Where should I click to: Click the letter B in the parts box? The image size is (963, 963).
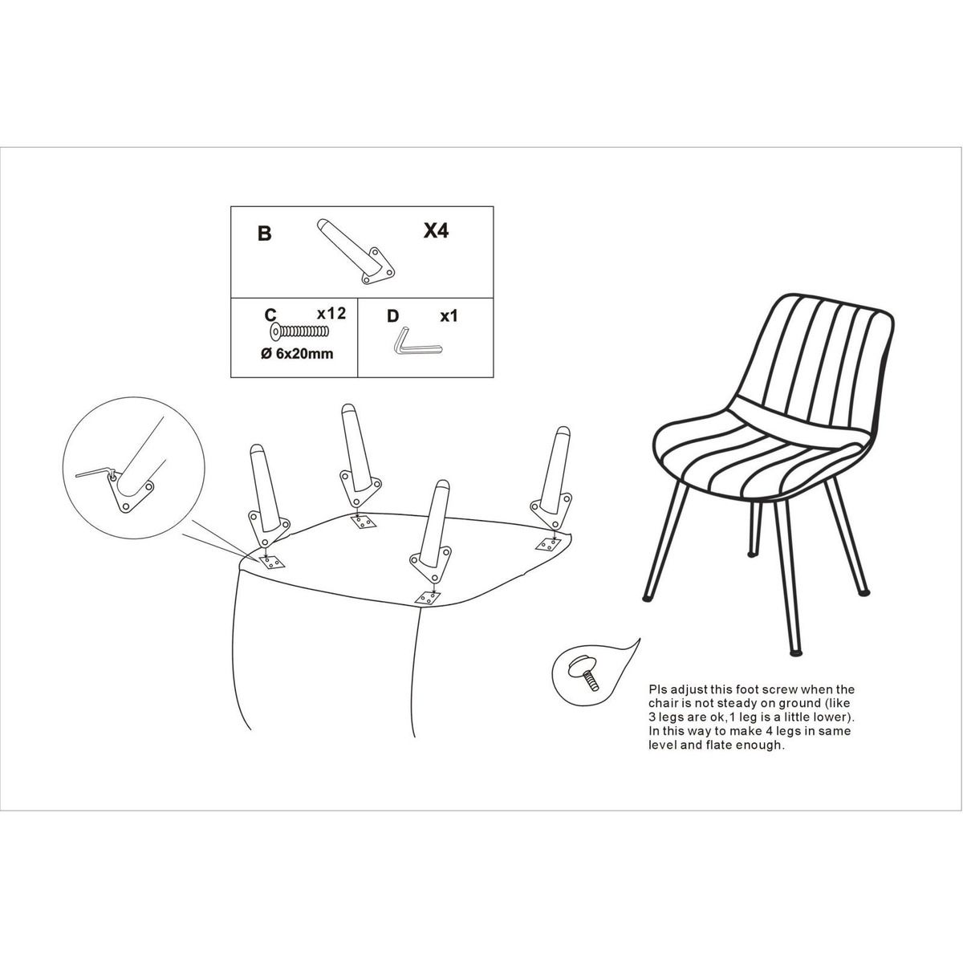(264, 234)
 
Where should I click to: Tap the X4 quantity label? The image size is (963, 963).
(436, 230)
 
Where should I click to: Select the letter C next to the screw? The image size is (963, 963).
(270, 315)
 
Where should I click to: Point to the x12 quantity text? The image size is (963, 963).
(331, 313)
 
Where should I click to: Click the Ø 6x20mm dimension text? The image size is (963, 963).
(297, 354)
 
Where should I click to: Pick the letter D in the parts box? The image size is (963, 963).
(393, 316)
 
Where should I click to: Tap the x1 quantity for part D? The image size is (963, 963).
(449, 316)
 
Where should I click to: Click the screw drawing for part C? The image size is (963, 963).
(299, 331)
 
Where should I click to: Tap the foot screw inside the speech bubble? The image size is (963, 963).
(584, 673)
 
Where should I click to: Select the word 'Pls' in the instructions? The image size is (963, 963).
(658, 690)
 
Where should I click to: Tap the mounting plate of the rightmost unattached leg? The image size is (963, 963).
(551, 510)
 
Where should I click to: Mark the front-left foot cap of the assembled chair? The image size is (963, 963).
(648, 597)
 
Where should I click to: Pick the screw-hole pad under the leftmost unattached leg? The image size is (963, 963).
(271, 563)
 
